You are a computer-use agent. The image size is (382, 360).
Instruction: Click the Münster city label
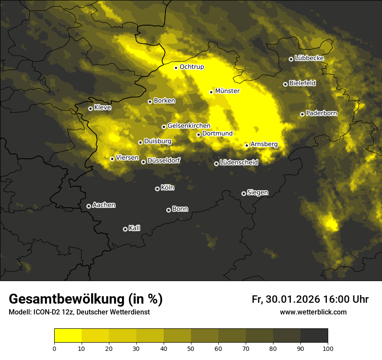(227, 91)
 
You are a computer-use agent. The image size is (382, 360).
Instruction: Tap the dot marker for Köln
(157, 189)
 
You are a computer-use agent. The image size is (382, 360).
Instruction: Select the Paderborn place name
(321, 113)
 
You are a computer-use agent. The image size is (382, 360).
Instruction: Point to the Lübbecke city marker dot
(291, 59)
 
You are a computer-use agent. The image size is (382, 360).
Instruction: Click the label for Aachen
(104, 205)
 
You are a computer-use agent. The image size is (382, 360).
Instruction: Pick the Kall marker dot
(125, 229)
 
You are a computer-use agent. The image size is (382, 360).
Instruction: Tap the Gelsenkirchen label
(189, 126)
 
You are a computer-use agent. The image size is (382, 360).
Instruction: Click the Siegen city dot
(244, 193)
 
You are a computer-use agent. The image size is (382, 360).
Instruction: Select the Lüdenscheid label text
(239, 163)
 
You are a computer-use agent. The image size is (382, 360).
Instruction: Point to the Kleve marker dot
(90, 108)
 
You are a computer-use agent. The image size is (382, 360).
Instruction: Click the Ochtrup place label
(191, 67)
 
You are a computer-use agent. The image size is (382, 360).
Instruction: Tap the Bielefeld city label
(302, 83)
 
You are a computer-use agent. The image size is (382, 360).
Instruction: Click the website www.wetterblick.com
(313, 312)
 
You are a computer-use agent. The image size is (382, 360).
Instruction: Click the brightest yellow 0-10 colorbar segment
(68, 335)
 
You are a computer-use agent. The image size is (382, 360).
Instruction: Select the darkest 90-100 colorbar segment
(314, 335)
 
